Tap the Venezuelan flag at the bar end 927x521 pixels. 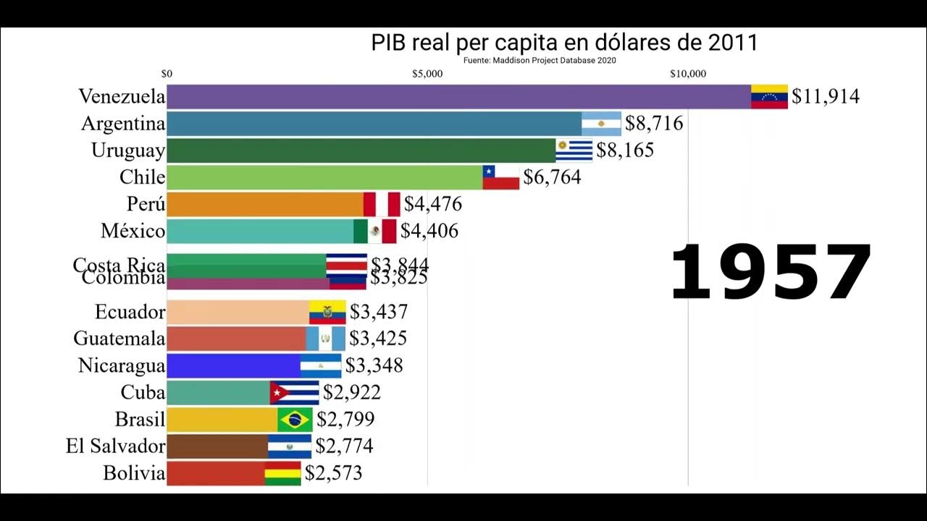[x=769, y=96]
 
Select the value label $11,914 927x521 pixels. [x=825, y=96]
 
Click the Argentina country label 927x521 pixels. [x=123, y=124]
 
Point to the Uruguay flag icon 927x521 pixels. [x=574, y=151]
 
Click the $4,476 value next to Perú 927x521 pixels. [x=432, y=204]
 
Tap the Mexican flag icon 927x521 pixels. [x=375, y=231]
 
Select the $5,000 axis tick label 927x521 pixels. [x=427, y=73]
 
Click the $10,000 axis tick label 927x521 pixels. [x=687, y=73]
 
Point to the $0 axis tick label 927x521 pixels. [x=167, y=73]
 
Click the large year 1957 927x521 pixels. [x=770, y=273]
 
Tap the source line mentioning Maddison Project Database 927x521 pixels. [x=540, y=61]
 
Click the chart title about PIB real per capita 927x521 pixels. [x=564, y=43]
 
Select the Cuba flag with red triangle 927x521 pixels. [x=294, y=393]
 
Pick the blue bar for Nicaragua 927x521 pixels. [x=233, y=365]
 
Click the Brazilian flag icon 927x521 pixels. [x=295, y=420]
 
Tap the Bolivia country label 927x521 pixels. [x=134, y=473]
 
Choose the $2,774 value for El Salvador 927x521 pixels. [x=344, y=446]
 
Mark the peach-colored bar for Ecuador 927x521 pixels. [x=238, y=312]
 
